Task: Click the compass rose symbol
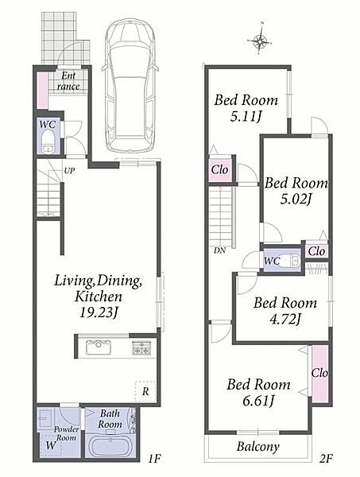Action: [259, 39]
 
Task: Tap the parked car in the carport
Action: [130, 85]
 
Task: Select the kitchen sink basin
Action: [99, 347]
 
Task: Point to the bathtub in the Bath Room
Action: [110, 446]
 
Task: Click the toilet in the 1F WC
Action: [48, 142]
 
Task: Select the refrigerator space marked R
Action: [145, 391]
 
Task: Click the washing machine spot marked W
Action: [51, 445]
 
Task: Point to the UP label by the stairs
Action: [69, 171]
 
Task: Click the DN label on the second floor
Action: [219, 250]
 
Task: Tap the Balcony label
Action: [257, 447]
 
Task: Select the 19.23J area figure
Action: [99, 312]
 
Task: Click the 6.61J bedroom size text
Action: [258, 401]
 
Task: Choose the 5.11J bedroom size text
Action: [246, 116]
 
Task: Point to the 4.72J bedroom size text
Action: [285, 319]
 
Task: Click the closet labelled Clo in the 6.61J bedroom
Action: [319, 374]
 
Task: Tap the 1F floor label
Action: [154, 459]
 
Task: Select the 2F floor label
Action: [326, 459]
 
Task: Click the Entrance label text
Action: [68, 81]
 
